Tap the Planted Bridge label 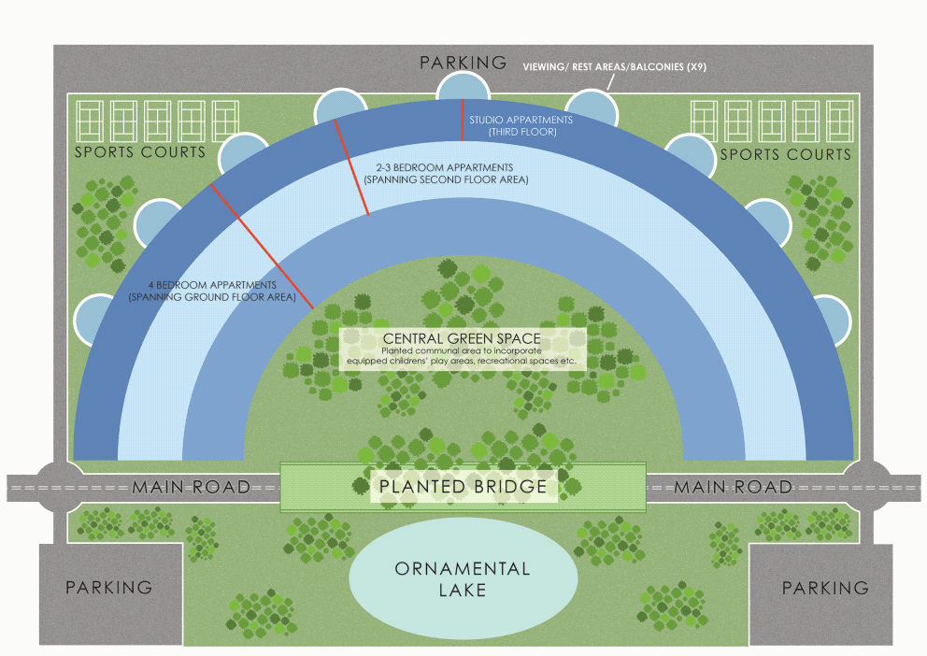click(x=462, y=487)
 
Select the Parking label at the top click(x=463, y=63)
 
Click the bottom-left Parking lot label click(x=108, y=588)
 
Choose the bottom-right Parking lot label click(x=824, y=588)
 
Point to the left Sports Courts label click(x=140, y=152)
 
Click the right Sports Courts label click(x=784, y=153)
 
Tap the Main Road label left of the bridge click(x=191, y=487)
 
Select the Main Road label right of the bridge click(x=734, y=487)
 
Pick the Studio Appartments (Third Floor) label click(x=521, y=126)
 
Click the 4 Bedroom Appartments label click(x=211, y=291)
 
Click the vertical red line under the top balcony click(x=463, y=120)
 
